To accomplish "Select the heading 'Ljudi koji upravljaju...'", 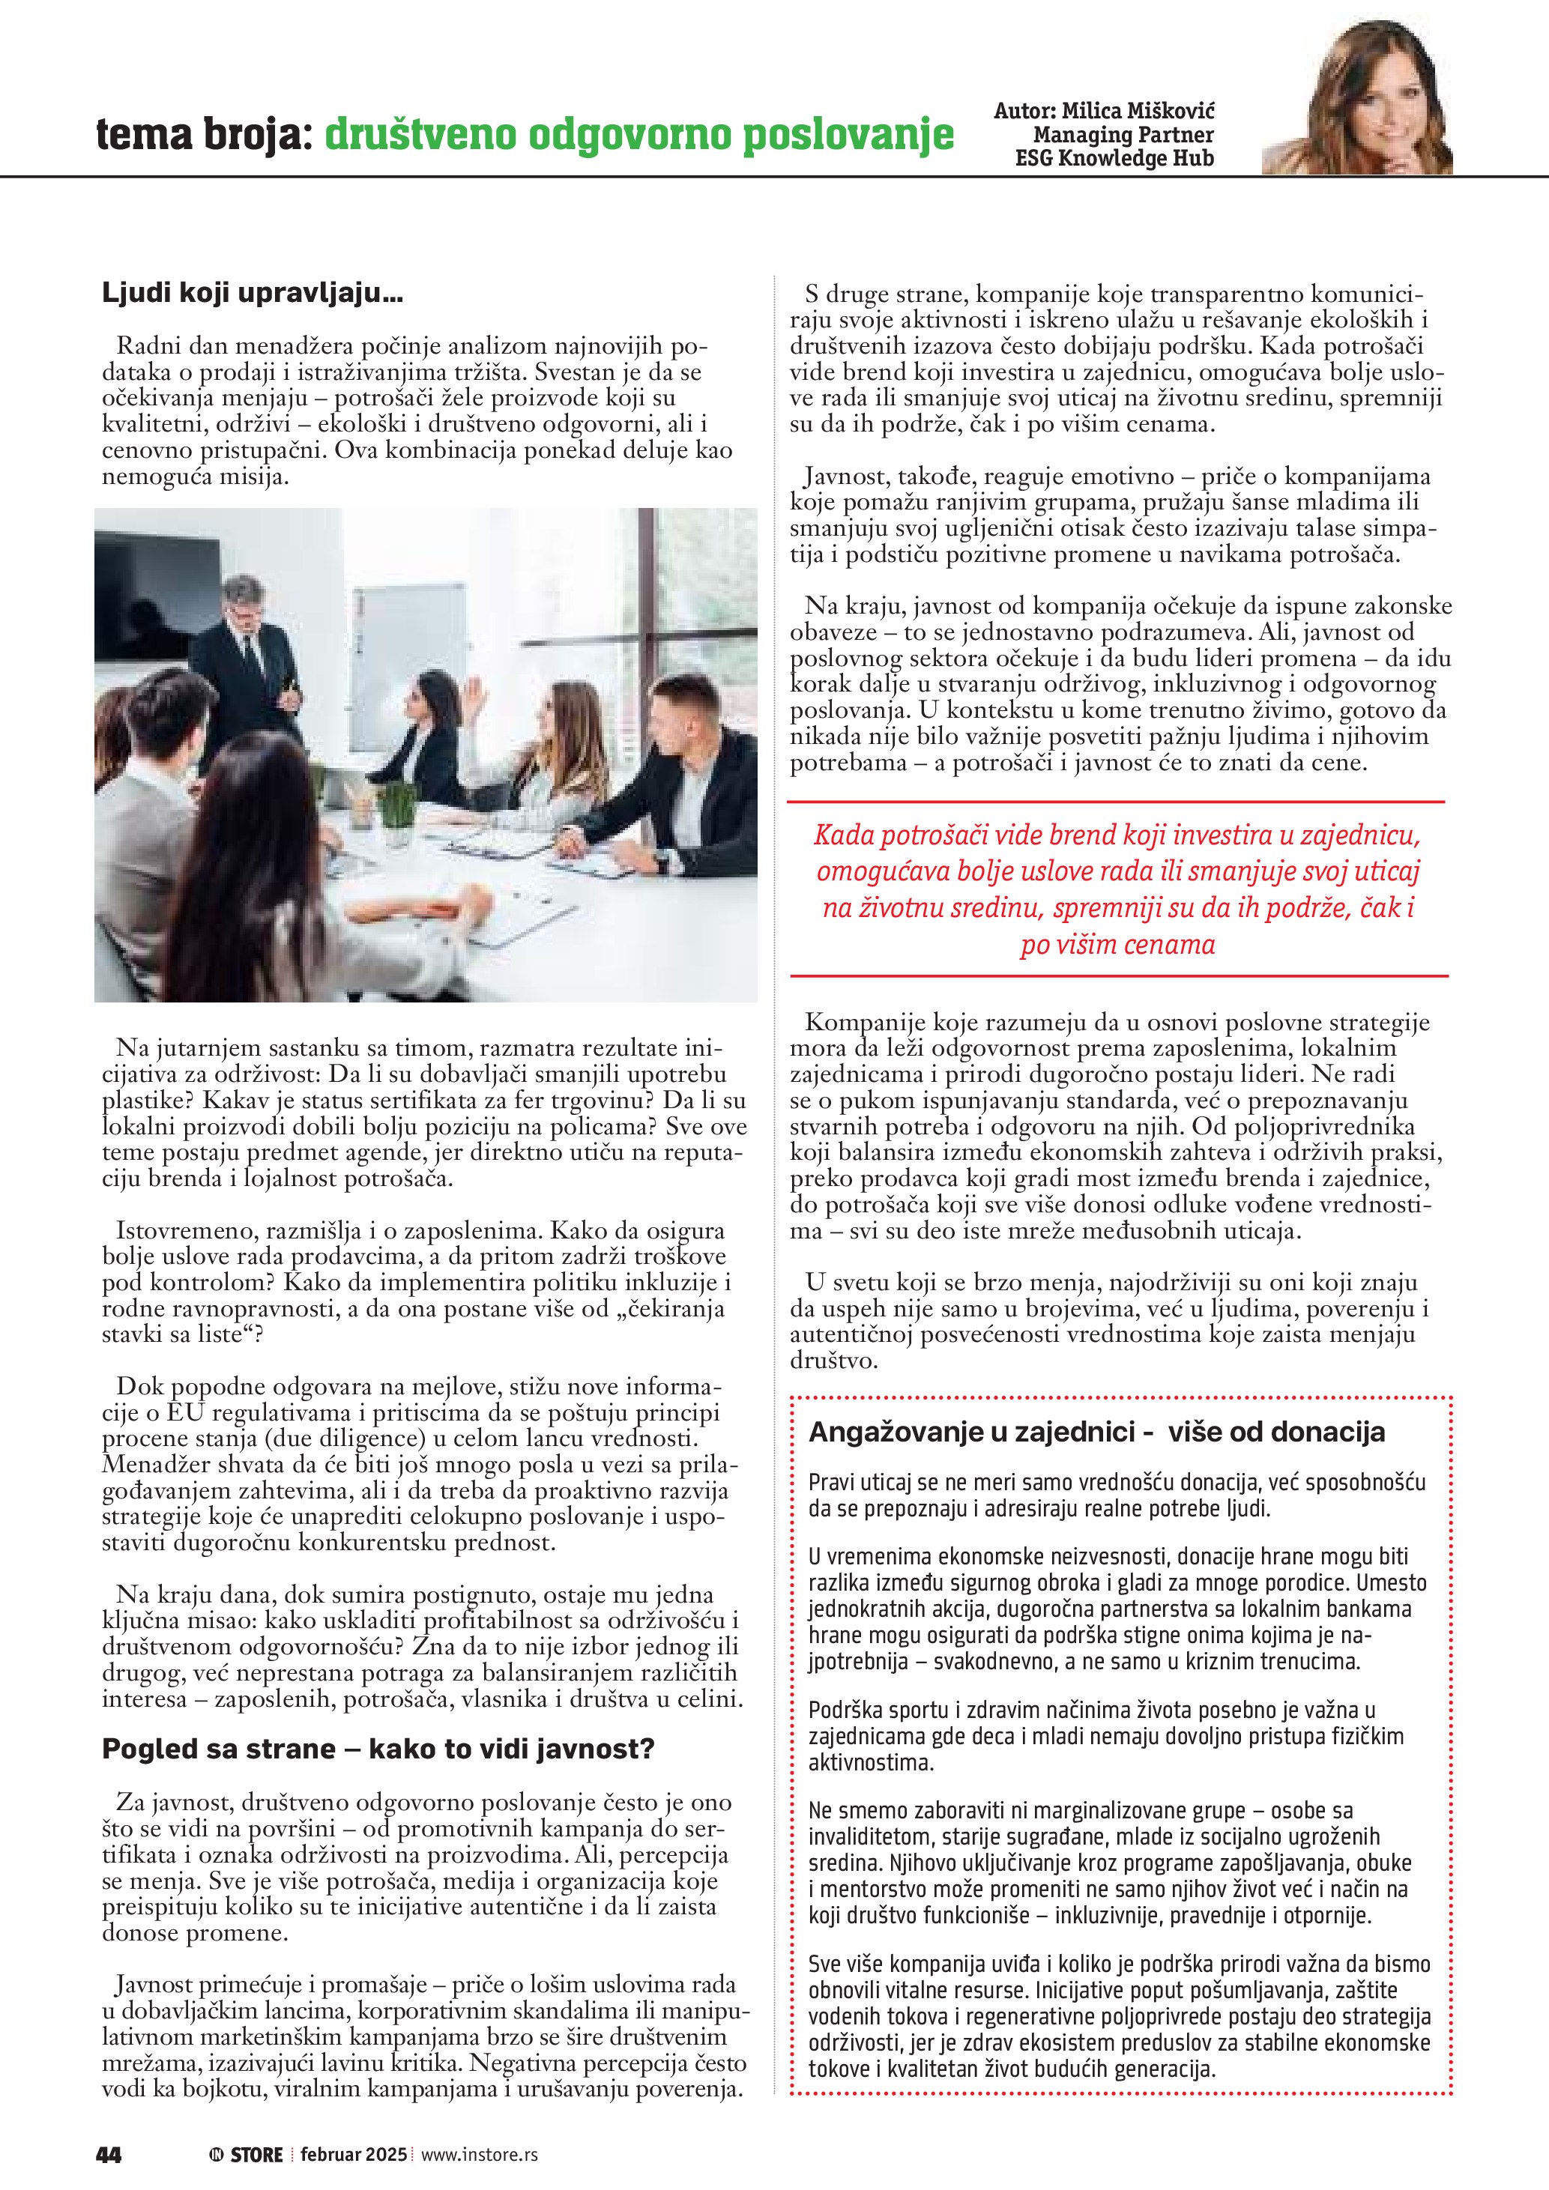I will tap(253, 294).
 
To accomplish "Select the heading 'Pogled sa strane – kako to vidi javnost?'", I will tap(378, 1749).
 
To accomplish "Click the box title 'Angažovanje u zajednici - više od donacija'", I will tap(1097, 1432).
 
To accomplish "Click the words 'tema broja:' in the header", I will tap(204, 136).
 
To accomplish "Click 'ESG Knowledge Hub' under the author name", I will tap(1114, 158).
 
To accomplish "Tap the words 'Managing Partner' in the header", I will tap(1123, 135).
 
